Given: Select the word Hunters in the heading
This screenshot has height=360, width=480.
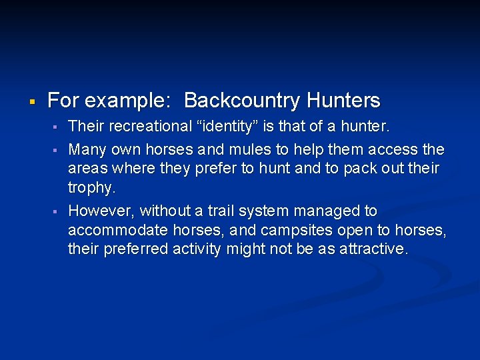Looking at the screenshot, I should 343,101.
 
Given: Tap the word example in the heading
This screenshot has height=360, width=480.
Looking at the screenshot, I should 126,101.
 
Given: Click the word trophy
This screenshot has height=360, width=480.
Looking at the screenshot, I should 91,188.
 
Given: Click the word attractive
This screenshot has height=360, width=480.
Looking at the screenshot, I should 373,249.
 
